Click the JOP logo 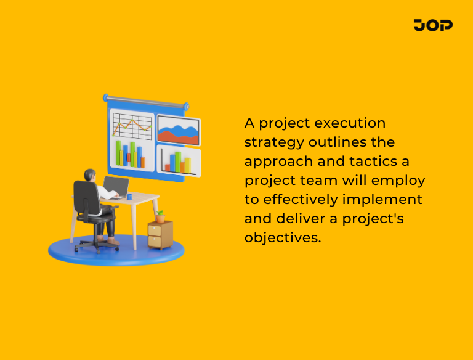pyautogui.click(x=433, y=25)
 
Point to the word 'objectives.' pyautogui.click(x=283, y=238)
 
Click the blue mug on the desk pyautogui.click(x=130, y=197)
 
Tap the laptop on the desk pyautogui.click(x=116, y=187)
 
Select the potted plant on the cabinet pyautogui.click(x=160, y=216)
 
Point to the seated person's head pyautogui.click(x=91, y=176)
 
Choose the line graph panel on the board pyautogui.click(x=132, y=126)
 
